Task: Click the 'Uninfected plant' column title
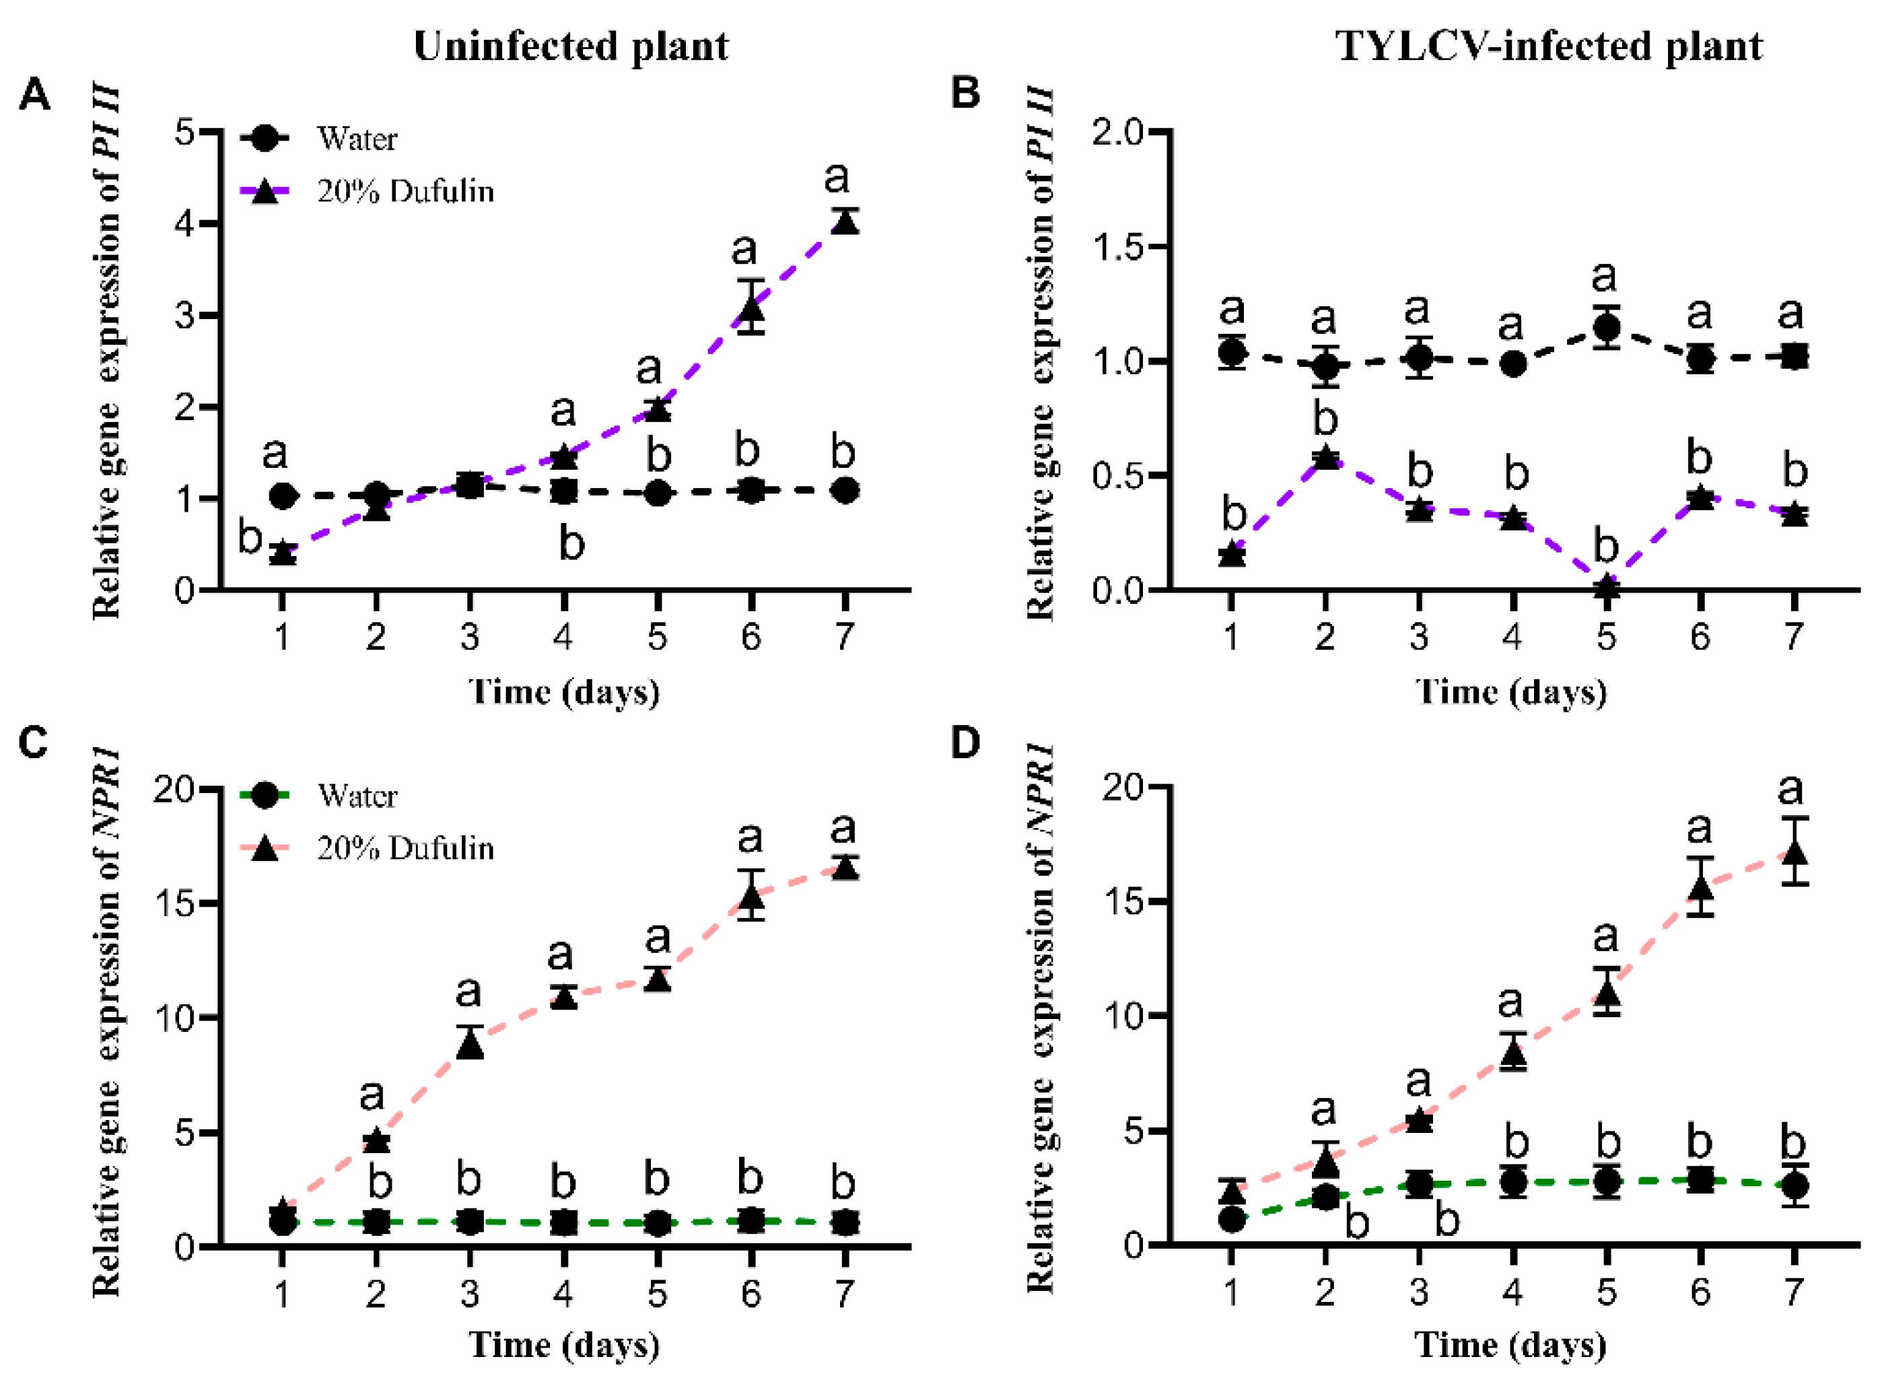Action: coord(571,46)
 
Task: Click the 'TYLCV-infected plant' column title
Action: coord(1548,46)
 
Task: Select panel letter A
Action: coord(34,95)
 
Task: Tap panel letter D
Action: coord(965,742)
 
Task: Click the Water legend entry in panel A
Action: coord(356,139)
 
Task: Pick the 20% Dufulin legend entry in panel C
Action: coord(405,849)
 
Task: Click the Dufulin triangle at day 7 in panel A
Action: coord(845,223)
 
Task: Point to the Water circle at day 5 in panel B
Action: coord(1606,328)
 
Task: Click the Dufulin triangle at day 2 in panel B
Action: coord(1325,458)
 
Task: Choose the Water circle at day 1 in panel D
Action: coord(1232,1219)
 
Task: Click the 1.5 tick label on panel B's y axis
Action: coord(1117,247)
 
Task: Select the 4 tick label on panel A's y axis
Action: coord(185,224)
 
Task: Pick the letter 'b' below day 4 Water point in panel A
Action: coord(571,545)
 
